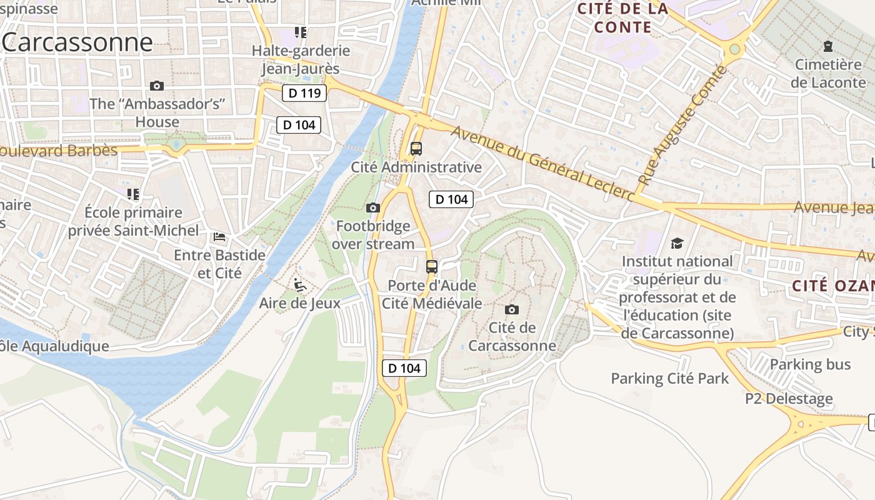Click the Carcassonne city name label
point(77,42)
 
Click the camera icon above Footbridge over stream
point(372,207)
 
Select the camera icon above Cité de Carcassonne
point(512,309)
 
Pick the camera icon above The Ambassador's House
point(157,86)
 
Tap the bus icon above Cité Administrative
point(416,149)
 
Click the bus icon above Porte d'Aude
point(432,267)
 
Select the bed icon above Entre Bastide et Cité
point(219,237)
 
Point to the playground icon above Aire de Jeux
point(300,285)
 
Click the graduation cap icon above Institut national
point(677,243)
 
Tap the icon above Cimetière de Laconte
point(828,46)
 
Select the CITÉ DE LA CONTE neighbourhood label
point(622,17)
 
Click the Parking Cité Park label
point(669,378)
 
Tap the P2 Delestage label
point(789,399)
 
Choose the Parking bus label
point(810,364)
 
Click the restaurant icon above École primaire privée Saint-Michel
point(132,194)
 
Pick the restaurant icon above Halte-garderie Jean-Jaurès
point(301,32)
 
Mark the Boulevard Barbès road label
point(59,151)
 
